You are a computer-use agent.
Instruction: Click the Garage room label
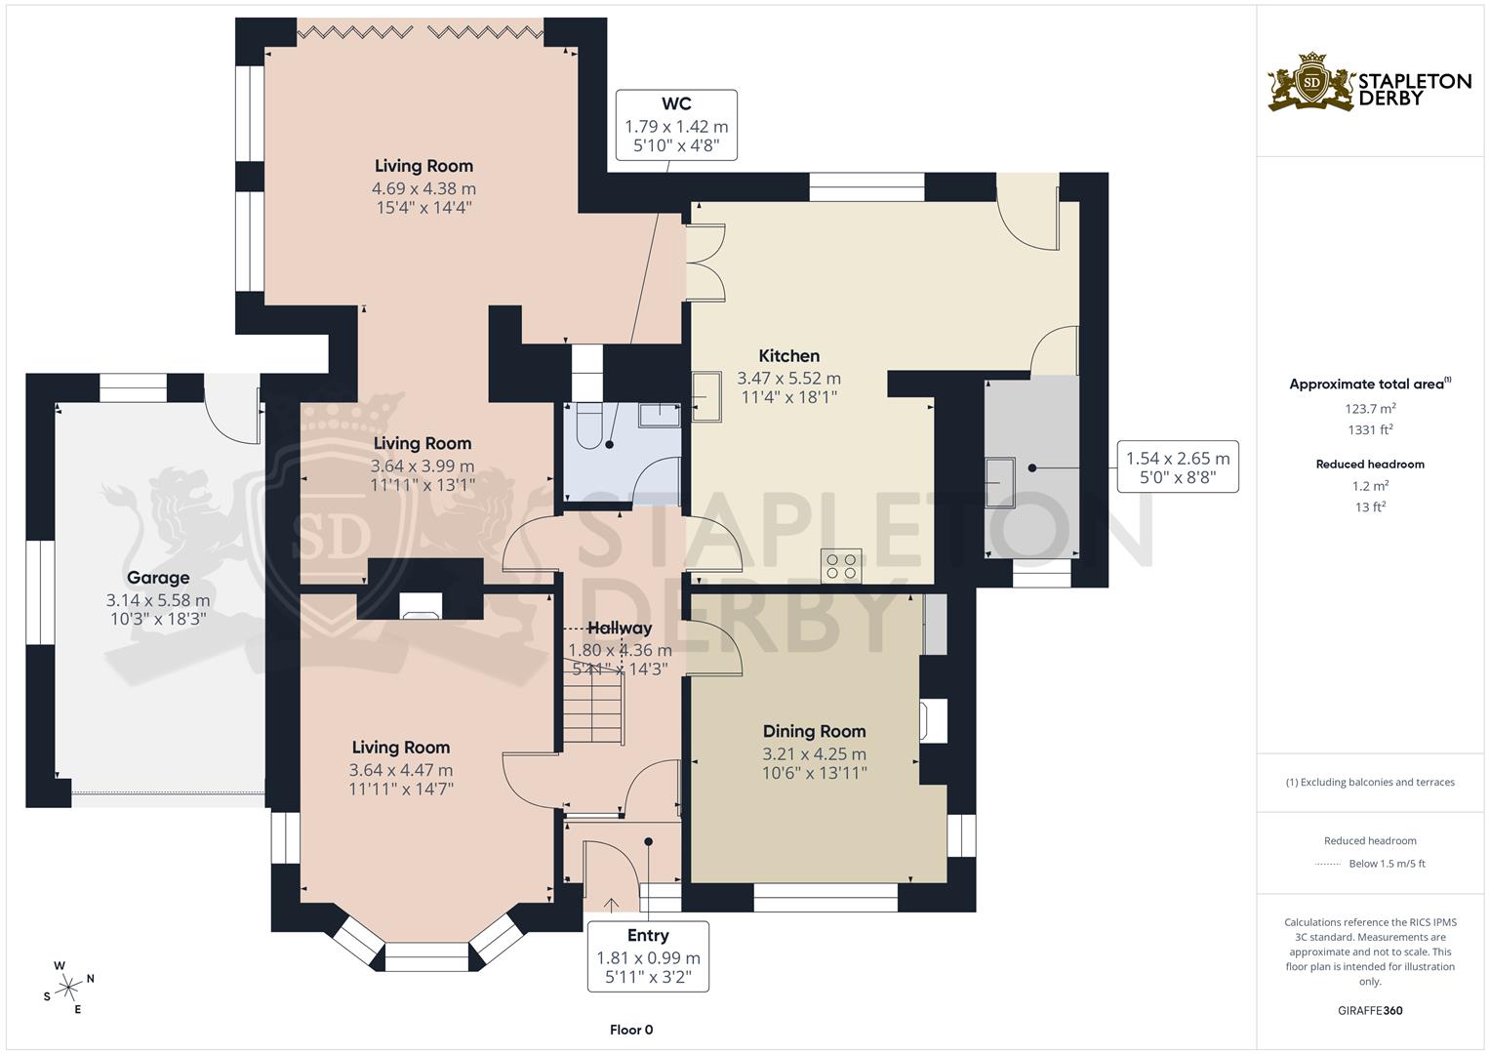158,578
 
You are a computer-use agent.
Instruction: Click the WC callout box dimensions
676,136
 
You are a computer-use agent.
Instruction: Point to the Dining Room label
814,731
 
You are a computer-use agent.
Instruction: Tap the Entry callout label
648,936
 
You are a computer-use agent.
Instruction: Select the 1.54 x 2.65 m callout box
1178,467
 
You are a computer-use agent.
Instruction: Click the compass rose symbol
69,988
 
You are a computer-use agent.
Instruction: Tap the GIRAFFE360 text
1370,1010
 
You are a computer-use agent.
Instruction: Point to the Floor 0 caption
630,1030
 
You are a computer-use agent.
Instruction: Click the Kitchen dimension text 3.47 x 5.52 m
788,378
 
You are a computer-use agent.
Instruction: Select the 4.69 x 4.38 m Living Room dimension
423,188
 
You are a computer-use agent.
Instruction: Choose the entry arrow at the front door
612,904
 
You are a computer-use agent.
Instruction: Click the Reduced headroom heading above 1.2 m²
1370,465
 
